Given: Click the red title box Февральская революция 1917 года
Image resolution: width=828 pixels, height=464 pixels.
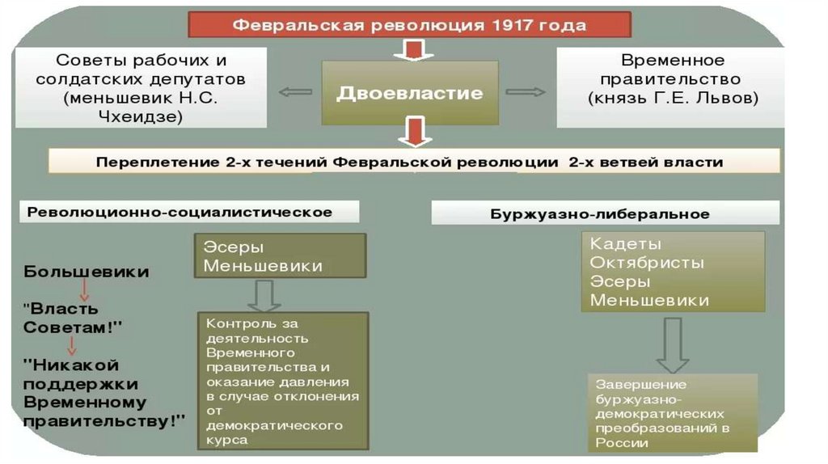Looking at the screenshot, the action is tap(409, 25).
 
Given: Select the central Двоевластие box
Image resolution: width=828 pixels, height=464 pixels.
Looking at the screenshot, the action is tap(409, 93).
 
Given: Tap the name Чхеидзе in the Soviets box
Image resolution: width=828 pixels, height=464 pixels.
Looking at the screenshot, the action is tap(143, 116).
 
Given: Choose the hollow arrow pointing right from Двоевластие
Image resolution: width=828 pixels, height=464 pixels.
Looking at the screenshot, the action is tap(526, 92).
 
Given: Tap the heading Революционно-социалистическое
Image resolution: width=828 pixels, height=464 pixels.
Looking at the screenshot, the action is tap(180, 212).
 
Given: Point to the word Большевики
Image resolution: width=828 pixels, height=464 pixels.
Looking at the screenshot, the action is tap(87, 272).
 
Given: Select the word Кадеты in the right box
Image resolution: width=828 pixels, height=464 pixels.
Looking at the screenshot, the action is tap(626, 244).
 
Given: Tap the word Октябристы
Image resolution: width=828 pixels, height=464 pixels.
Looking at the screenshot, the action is tap(647, 263).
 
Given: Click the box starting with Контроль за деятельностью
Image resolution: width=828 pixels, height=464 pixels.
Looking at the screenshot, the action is tap(282, 381).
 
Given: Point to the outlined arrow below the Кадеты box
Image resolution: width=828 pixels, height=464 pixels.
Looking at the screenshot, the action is tap(672, 344).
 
